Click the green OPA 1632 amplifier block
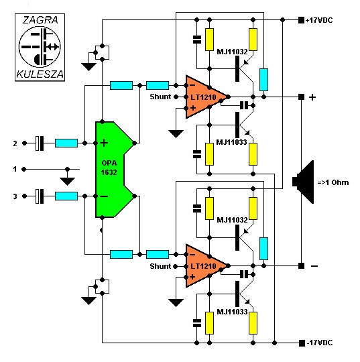[111, 169]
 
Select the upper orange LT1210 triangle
[204, 97]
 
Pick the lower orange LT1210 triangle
[204, 266]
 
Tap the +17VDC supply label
[319, 20]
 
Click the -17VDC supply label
[320, 343]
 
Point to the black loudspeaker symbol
[303, 182]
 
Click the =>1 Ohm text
[333, 182]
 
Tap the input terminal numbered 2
[24, 143]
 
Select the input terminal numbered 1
[23, 169]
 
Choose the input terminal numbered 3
[24, 196]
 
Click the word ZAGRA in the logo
[40, 20]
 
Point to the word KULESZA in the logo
[40, 74]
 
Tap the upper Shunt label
[160, 97]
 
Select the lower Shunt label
[160, 266]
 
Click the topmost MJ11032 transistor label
[232, 52]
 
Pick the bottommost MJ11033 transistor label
[232, 312]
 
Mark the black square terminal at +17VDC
[301, 20]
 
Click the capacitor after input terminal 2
[40, 143]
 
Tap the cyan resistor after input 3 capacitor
[66, 196]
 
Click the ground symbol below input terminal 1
[67, 181]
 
